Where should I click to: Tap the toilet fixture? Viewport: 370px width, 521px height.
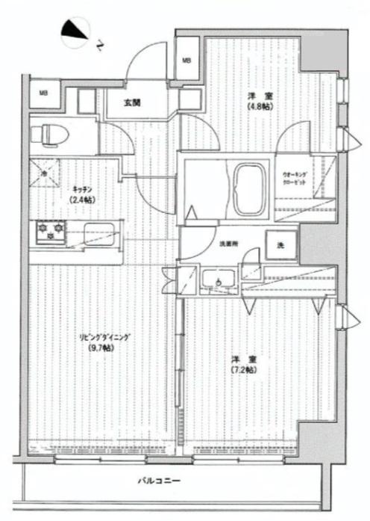point(49,133)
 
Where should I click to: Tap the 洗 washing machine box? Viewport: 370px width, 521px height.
point(281,244)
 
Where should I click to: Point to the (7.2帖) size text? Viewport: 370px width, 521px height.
point(243,370)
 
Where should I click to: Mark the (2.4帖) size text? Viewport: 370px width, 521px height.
point(81,200)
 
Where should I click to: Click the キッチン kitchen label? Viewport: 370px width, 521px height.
point(81,190)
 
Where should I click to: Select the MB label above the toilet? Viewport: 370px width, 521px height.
point(43,93)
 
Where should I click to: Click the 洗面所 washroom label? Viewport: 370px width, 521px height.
point(228,244)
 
